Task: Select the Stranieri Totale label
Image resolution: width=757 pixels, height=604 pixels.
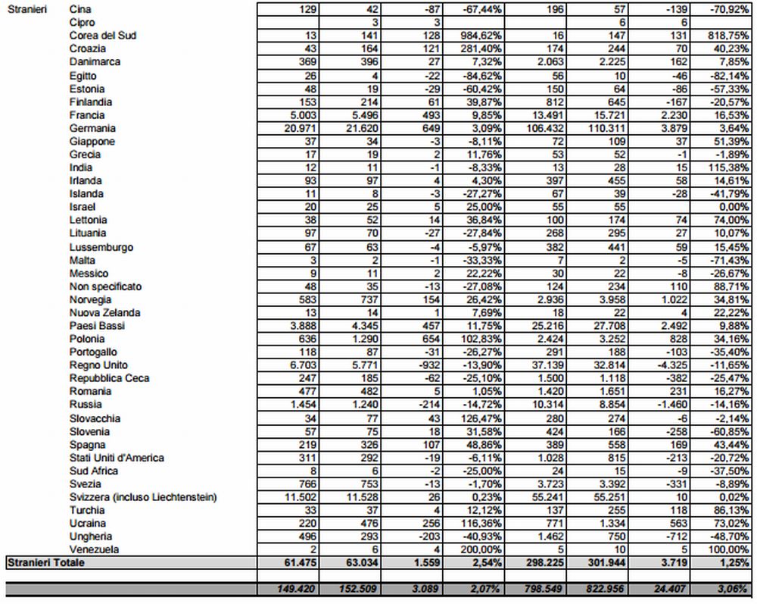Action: tap(45, 563)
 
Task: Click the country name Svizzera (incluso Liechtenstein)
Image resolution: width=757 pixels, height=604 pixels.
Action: tap(143, 497)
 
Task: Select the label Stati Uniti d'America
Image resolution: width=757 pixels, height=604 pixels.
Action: tap(117, 458)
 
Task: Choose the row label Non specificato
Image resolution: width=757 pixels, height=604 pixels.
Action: tap(105, 286)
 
